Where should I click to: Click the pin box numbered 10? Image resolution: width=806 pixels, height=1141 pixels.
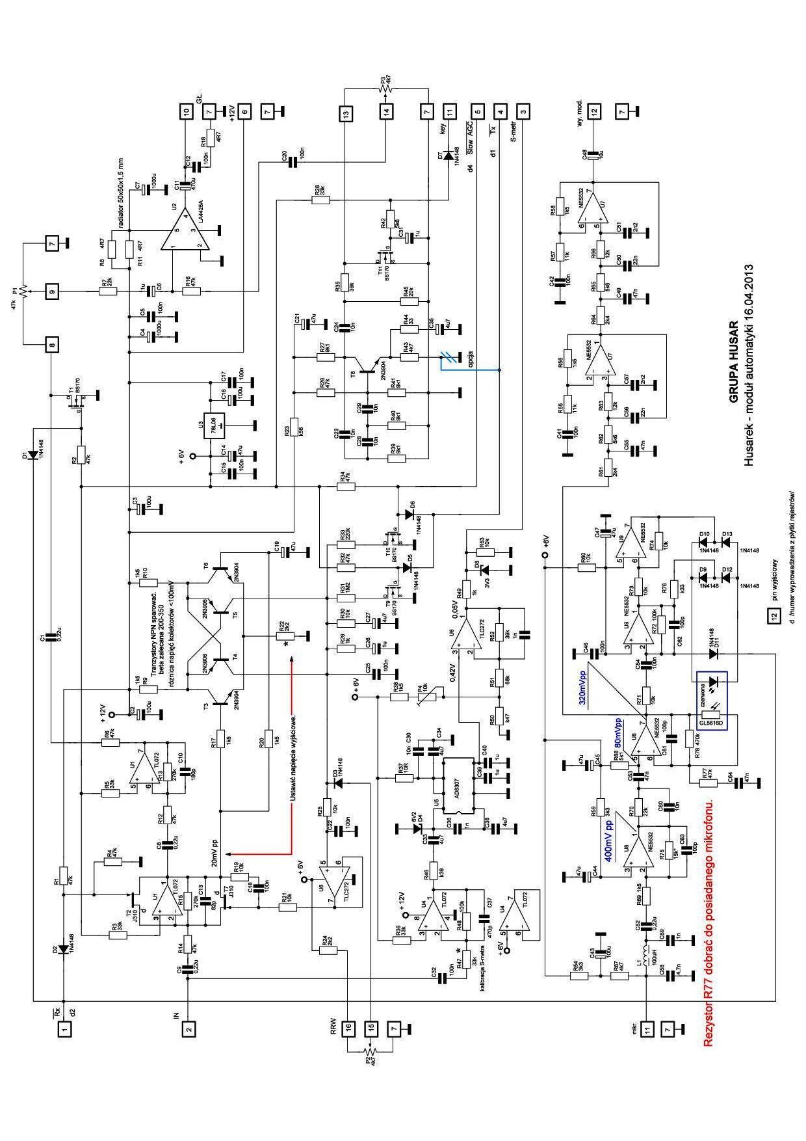[187, 111]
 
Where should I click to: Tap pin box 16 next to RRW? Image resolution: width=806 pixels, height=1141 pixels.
[348, 1028]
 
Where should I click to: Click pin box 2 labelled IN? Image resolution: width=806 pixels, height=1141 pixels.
[188, 1028]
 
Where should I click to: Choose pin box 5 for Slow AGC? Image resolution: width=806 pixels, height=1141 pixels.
[478, 111]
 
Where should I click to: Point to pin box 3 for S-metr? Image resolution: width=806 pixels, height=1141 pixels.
[523, 111]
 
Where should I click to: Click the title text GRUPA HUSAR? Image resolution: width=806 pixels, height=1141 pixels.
[733, 361]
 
